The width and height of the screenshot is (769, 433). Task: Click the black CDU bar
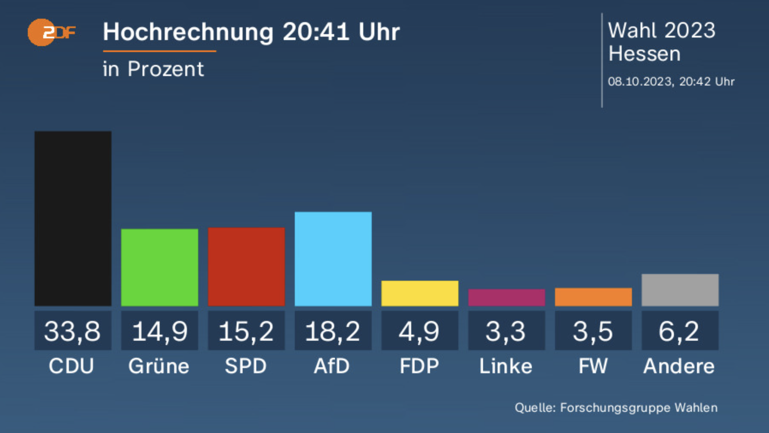click(73, 218)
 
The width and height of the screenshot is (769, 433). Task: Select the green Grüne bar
click(160, 267)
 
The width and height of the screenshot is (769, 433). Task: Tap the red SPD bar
click(246, 267)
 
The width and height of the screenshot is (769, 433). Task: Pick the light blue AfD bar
click(333, 259)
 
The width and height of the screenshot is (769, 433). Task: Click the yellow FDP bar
click(420, 293)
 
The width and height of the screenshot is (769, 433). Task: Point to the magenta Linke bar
click(506, 298)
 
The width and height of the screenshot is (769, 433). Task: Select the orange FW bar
click(593, 297)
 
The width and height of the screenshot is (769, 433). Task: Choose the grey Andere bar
click(680, 290)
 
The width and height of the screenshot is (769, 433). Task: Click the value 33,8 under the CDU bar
click(72, 331)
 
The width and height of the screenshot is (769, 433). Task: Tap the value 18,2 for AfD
click(333, 331)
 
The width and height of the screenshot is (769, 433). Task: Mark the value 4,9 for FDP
click(419, 331)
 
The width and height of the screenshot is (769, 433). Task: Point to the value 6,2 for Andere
click(679, 331)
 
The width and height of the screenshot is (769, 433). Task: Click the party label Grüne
click(159, 366)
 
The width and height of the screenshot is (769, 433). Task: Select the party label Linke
click(506, 366)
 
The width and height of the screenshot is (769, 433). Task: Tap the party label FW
click(593, 366)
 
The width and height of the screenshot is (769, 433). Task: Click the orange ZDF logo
click(52, 32)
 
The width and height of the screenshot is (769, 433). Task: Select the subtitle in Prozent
click(153, 69)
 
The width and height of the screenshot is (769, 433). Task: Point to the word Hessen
click(644, 53)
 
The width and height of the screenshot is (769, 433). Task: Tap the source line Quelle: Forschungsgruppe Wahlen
click(616, 408)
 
